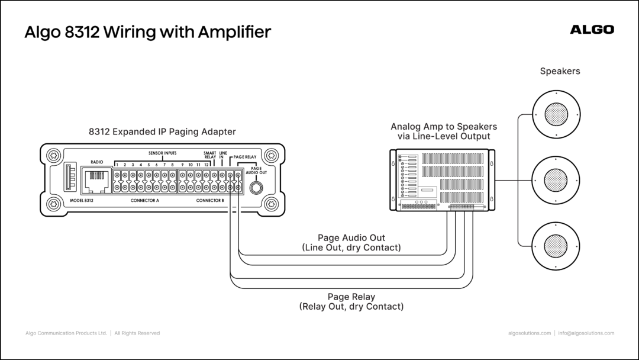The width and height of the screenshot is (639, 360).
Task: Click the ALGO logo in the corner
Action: click(x=592, y=30)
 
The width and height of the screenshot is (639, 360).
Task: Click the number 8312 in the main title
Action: click(x=82, y=32)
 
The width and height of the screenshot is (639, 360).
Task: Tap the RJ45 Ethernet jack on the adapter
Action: click(x=96, y=180)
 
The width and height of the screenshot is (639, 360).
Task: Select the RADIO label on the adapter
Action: click(x=97, y=162)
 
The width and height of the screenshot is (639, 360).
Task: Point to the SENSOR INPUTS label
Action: click(x=162, y=153)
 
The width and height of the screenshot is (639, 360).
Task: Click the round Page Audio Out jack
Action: click(x=256, y=188)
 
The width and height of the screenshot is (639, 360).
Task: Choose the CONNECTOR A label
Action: click(x=145, y=201)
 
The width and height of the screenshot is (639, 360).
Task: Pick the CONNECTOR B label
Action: click(x=210, y=201)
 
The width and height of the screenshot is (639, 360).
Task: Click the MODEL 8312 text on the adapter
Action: click(x=82, y=201)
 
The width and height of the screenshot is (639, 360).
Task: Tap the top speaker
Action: click(x=556, y=114)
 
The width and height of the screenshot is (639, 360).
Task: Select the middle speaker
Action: click(x=556, y=180)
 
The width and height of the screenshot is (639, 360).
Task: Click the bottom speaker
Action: click(x=556, y=246)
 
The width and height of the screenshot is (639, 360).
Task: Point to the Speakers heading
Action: click(x=560, y=71)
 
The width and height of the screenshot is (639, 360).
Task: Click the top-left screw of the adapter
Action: click(x=53, y=155)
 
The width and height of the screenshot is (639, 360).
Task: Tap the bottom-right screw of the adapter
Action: click(x=272, y=204)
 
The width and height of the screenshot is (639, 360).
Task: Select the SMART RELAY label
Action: click(x=210, y=155)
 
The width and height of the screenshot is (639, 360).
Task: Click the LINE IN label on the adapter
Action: click(x=223, y=155)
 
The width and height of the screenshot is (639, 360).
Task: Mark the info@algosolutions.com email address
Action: click(x=586, y=333)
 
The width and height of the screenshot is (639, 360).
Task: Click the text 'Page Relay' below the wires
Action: click(x=351, y=297)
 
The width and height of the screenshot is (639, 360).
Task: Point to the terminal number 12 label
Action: click(x=206, y=165)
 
